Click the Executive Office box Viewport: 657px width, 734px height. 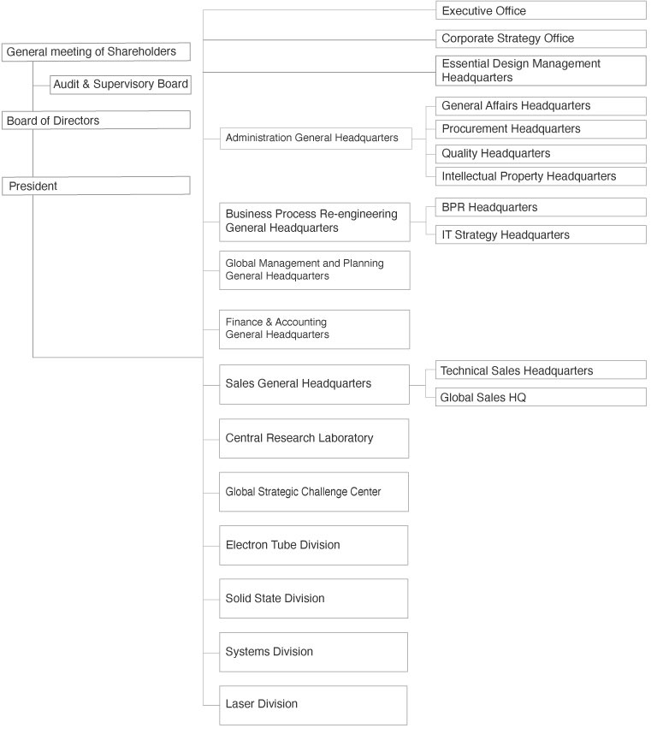click(x=541, y=11)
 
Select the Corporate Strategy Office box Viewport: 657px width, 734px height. click(x=541, y=38)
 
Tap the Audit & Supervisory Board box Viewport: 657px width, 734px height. click(x=120, y=84)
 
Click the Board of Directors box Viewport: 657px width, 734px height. click(x=96, y=121)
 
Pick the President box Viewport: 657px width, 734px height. click(x=96, y=186)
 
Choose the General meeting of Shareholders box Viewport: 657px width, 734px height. click(x=96, y=52)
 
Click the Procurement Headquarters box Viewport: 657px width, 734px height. click(x=541, y=129)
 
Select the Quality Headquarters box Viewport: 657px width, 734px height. click(x=541, y=153)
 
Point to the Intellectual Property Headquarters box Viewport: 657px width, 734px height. click(x=541, y=176)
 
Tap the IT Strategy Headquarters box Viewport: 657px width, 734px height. click(x=541, y=234)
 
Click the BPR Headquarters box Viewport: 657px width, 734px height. click(x=541, y=207)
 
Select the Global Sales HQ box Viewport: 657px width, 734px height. click(x=541, y=397)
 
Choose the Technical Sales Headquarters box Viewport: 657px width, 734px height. click(x=541, y=370)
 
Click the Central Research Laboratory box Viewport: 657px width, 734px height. click(x=314, y=438)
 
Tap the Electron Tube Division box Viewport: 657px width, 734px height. click(x=314, y=545)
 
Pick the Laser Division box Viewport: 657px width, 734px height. click(x=314, y=704)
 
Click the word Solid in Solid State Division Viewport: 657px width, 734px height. click(x=240, y=599)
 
